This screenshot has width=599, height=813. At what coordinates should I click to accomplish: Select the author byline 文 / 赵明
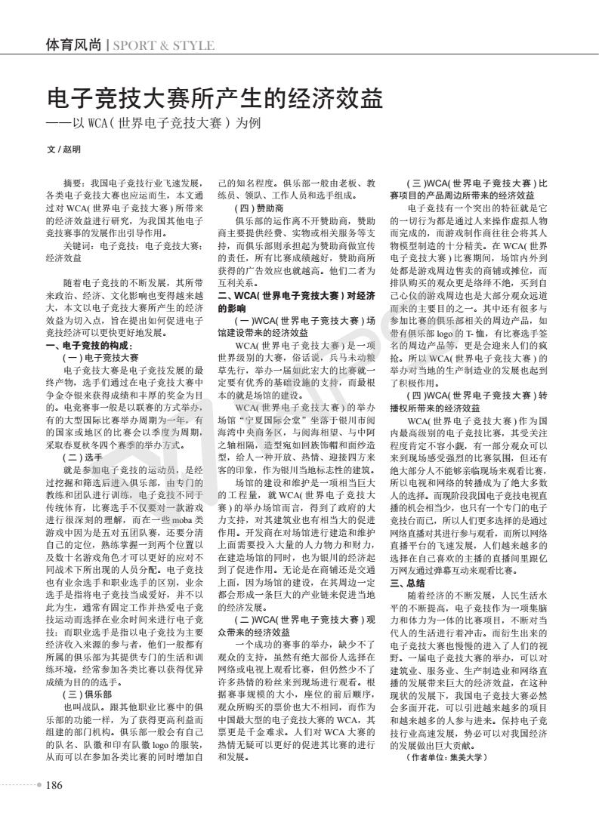(x=63, y=149)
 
